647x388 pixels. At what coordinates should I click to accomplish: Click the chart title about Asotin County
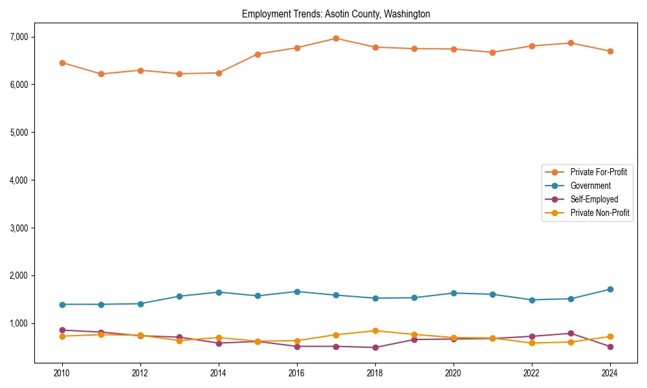336,14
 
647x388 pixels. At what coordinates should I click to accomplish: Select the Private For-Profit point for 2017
336,38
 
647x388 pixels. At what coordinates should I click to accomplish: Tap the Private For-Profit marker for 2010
62,63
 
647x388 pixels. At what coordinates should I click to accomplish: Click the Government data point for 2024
610,289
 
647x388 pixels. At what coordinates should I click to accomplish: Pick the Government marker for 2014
219,292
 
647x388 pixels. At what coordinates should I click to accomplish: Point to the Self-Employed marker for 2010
62,330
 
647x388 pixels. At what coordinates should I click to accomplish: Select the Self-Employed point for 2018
375,347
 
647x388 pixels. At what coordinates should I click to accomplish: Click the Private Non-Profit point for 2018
375,330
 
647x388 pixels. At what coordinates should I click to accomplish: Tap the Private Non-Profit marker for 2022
532,343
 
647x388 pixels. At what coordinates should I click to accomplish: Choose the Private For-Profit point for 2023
571,43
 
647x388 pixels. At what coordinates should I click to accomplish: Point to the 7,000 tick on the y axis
19,37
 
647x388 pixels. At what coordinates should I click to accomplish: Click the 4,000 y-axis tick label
19,180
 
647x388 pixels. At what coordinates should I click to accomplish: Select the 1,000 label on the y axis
19,323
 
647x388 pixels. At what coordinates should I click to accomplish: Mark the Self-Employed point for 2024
610,347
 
